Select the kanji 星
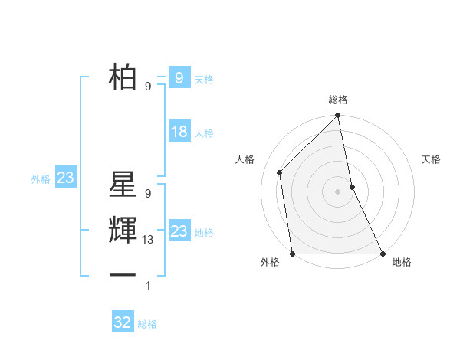(123, 188)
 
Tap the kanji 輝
(123, 232)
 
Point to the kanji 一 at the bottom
(123, 274)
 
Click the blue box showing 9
(179, 77)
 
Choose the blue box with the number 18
(179, 132)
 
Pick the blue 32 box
(123, 322)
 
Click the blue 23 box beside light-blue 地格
(179, 231)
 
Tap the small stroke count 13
(149, 240)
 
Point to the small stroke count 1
(148, 286)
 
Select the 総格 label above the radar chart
(338, 100)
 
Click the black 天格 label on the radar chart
(432, 159)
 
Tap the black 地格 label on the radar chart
(402, 263)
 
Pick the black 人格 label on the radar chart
(245, 159)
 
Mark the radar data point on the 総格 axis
(338, 117)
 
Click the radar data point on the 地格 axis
(382, 253)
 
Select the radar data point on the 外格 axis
(293, 253)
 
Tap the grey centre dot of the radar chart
(338, 191)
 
